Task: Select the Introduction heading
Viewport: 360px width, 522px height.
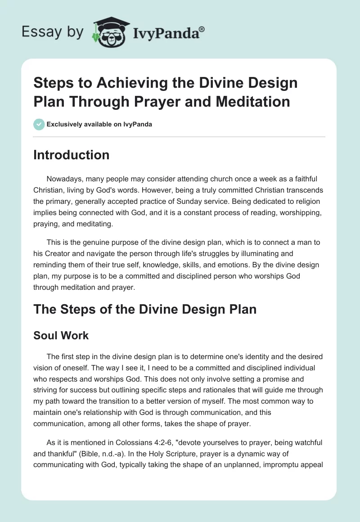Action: click(x=72, y=155)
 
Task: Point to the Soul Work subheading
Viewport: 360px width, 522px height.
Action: click(x=61, y=335)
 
